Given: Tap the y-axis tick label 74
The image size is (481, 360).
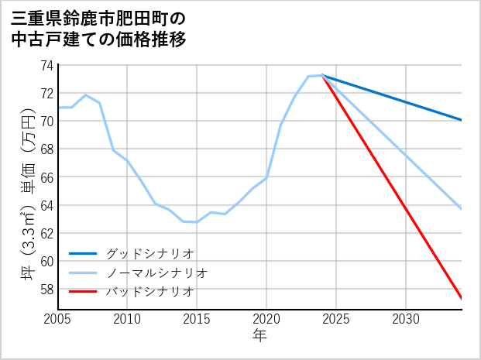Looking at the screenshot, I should click(x=46, y=65).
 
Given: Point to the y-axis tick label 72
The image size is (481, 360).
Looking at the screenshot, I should click(x=46, y=93).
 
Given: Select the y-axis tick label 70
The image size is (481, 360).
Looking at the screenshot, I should click(x=46, y=121).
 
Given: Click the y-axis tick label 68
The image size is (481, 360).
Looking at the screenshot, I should click(x=46, y=149).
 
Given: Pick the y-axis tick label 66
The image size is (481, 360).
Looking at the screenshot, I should click(x=46, y=177).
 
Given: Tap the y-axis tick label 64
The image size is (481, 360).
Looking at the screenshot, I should click(x=46, y=205).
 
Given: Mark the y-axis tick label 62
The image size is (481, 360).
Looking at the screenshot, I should click(x=46, y=233).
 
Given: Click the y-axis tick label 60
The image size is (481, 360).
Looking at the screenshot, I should click(x=46, y=261).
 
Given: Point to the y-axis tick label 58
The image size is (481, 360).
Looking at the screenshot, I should click(x=46, y=289).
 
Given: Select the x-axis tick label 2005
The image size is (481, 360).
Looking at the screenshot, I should click(x=57, y=319).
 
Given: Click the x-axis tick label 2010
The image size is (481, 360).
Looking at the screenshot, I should click(x=127, y=319).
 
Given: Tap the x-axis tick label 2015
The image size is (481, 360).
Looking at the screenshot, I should click(x=197, y=319).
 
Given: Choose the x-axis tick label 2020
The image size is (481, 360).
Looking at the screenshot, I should click(x=266, y=319).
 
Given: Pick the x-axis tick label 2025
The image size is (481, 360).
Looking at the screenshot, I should click(x=336, y=319).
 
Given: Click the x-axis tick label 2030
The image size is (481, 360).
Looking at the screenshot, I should click(x=406, y=319).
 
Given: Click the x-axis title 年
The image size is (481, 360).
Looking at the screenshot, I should click(x=259, y=336).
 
